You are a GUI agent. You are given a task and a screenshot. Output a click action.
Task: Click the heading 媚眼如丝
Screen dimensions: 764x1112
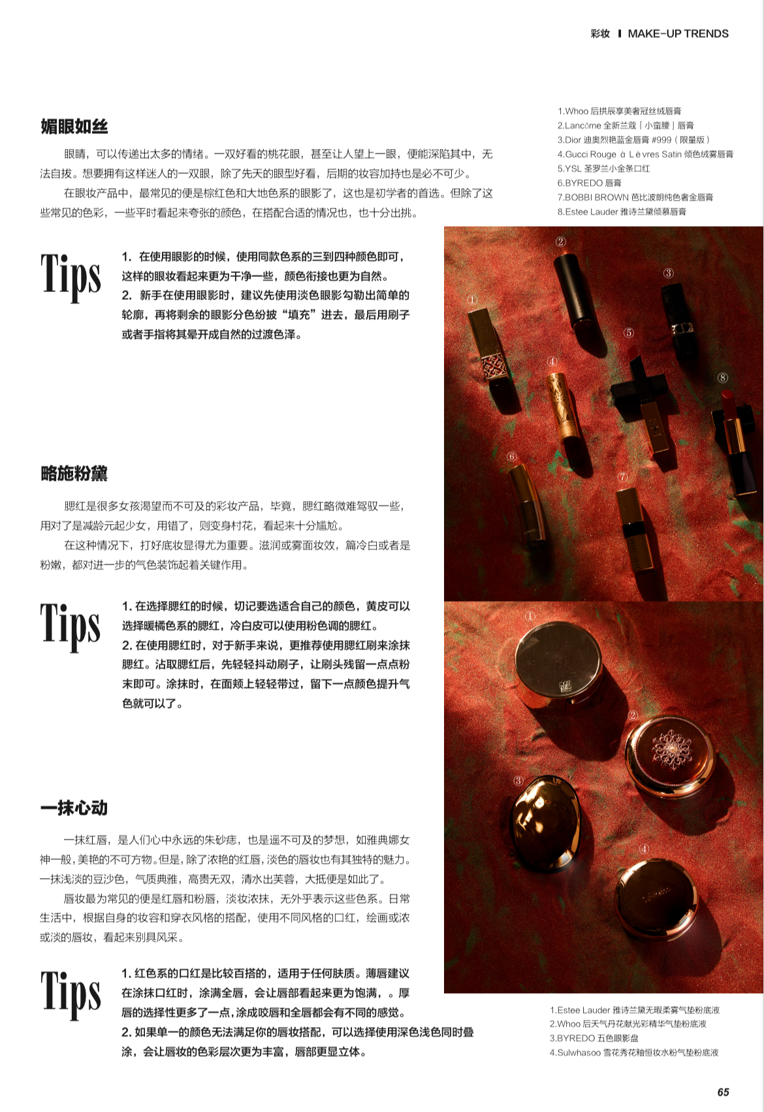click(x=74, y=127)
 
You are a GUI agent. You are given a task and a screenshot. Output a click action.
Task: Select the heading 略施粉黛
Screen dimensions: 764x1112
click(x=74, y=474)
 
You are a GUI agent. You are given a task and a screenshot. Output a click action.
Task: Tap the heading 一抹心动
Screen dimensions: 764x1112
click(x=74, y=808)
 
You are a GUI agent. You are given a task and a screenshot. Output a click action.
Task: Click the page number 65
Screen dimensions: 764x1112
click(x=723, y=1092)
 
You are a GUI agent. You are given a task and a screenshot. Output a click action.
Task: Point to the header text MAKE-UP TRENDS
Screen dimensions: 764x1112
click(x=678, y=34)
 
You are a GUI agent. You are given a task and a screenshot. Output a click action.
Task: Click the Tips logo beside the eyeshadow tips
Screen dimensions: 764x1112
click(x=71, y=276)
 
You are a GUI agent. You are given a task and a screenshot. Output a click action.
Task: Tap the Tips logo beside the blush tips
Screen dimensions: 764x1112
click(x=71, y=627)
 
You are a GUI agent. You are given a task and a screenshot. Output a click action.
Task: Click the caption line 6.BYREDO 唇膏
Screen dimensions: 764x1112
click(x=589, y=183)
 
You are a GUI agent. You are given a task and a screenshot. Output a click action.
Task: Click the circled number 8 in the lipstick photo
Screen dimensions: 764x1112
click(x=722, y=378)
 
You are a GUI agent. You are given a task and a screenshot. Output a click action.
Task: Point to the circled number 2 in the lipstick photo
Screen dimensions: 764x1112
click(x=561, y=242)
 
